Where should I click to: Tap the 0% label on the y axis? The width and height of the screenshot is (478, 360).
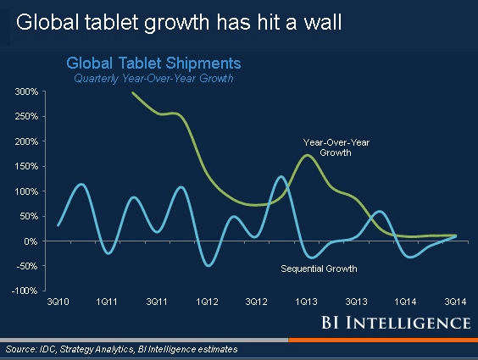(x=29, y=241)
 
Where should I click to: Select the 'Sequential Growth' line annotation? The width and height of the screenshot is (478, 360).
(x=319, y=269)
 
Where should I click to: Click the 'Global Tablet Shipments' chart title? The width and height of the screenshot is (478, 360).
(x=153, y=63)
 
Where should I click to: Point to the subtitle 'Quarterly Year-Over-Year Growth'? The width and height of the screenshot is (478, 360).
(x=153, y=78)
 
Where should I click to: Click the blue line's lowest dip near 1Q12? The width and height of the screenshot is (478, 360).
(x=208, y=265)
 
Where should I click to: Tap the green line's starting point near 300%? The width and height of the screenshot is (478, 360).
(x=133, y=92)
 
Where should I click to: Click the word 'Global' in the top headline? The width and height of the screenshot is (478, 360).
(x=43, y=23)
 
